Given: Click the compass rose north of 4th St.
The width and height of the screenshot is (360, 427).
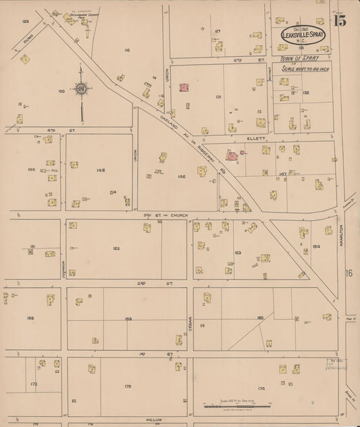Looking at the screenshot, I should tap(80, 88).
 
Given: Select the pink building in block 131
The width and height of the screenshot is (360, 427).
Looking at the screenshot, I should tap(183, 87).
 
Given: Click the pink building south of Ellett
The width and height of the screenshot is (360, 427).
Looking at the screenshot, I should tap(231, 156).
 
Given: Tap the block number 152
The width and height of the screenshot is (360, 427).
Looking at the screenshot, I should tap(116, 249).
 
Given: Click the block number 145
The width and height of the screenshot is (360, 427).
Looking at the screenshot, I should tap(101, 170).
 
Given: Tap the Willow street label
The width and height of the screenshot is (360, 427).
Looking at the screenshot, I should tap(153, 420).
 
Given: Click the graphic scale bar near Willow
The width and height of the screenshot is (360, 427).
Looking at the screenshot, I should tap(236, 405).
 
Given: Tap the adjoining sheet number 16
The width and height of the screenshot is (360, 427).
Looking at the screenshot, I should tap(349, 273).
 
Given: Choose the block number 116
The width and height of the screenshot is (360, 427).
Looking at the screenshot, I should tap(126, 51).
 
